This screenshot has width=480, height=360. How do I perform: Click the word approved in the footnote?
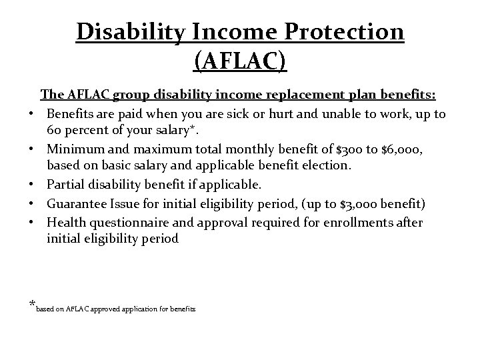[104, 309]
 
